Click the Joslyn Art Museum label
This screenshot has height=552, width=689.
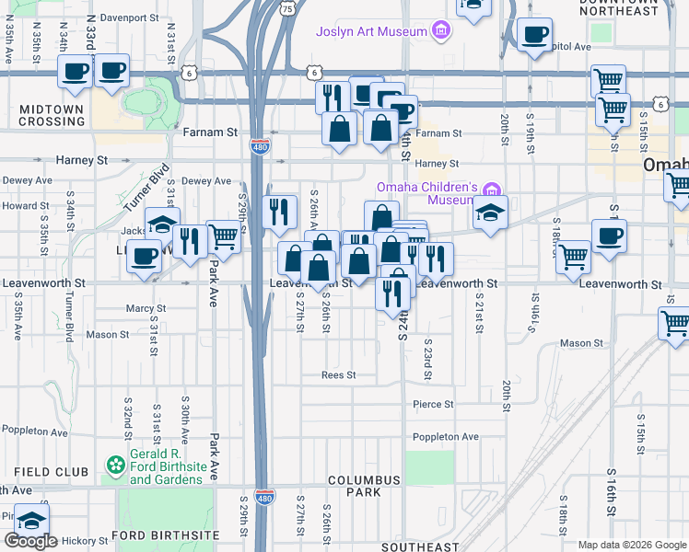pos(371,31)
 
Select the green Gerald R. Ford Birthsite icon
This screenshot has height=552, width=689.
pos(116,466)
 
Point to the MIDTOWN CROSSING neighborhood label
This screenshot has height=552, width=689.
pos(52,115)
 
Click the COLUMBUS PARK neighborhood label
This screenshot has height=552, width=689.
pos(364,486)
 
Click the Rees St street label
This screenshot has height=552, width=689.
pos(338,375)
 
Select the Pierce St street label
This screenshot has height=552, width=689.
pos(433,404)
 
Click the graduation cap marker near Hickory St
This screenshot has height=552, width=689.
pos(32,521)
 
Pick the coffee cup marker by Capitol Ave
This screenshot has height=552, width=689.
pos(533,36)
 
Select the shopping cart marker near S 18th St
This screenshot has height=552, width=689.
pos(574,257)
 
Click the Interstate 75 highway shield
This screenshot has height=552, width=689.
pos(288,8)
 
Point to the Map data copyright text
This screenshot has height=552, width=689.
pos(631,545)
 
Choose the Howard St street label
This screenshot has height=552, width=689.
pos(18,206)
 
